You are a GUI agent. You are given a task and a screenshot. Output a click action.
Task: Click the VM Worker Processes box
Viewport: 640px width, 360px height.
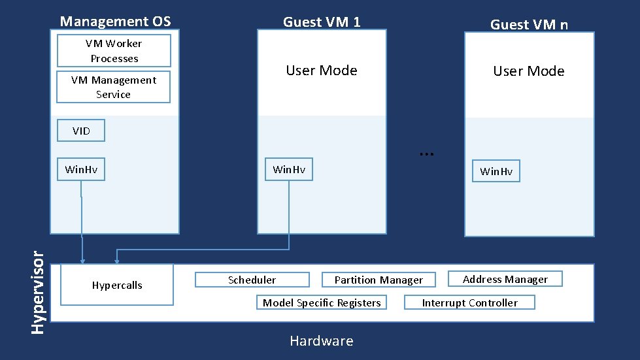click(x=114, y=51)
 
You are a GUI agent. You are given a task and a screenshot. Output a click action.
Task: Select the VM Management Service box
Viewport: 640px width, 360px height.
click(x=113, y=88)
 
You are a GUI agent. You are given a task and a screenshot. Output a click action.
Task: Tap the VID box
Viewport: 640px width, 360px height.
click(x=82, y=131)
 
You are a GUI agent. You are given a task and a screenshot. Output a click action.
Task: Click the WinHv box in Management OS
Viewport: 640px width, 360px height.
click(x=81, y=170)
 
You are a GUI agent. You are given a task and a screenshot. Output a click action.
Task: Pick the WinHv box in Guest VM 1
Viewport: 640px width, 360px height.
click(x=288, y=170)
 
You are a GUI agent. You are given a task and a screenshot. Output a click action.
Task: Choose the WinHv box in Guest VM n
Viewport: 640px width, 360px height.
click(x=496, y=171)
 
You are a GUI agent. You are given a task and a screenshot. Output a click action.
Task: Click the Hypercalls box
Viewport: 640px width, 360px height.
click(x=117, y=286)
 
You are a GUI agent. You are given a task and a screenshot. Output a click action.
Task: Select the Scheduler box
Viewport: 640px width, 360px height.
click(x=252, y=280)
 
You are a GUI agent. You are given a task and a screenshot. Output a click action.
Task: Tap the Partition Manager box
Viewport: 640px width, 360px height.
click(x=379, y=280)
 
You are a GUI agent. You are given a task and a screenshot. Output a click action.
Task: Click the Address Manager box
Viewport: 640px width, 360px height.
click(x=505, y=279)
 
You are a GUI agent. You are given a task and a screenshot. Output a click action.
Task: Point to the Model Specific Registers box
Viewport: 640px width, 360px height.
click(x=321, y=303)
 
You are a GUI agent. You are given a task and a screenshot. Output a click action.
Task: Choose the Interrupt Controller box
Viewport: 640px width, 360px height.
click(x=469, y=303)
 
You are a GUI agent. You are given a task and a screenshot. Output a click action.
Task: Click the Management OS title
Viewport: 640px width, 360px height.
click(x=115, y=22)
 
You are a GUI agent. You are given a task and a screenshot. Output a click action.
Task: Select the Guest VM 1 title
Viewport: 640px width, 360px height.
click(x=322, y=22)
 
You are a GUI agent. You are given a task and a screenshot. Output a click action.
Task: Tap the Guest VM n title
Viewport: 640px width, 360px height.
click(x=529, y=25)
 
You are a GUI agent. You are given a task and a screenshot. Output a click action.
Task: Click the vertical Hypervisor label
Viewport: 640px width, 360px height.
click(x=39, y=287)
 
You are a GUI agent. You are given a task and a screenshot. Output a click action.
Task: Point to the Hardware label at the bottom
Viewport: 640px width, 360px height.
click(x=321, y=341)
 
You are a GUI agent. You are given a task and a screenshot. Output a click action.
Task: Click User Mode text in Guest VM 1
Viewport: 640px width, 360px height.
click(x=322, y=71)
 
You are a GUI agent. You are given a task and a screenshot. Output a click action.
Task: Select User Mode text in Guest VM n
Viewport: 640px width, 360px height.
click(x=529, y=71)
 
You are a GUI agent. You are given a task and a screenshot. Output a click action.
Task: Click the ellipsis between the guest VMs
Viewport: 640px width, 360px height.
click(x=427, y=153)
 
